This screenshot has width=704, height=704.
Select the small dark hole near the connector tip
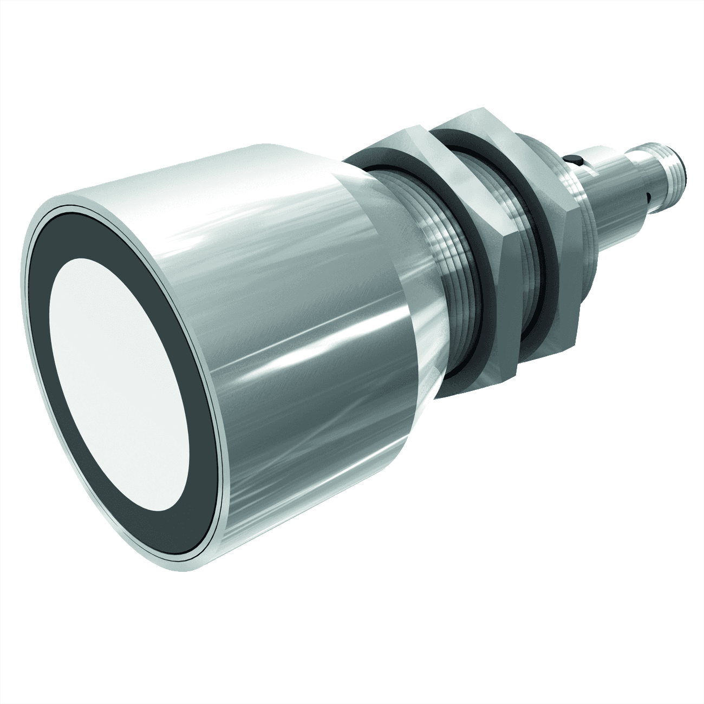point(648,193)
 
